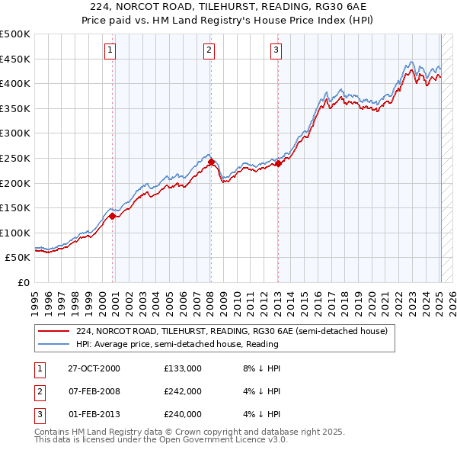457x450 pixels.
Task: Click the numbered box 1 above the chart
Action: click(x=111, y=51)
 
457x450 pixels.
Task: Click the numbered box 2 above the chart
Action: click(x=209, y=51)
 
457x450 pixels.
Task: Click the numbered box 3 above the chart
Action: click(x=276, y=51)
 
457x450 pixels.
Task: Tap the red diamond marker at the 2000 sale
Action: click(x=113, y=216)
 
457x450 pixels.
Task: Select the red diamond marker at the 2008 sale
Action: click(x=211, y=162)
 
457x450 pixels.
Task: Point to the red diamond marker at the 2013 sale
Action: click(x=278, y=162)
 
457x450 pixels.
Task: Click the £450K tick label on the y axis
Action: click(x=15, y=59)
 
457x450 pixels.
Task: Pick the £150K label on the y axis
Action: click(x=15, y=207)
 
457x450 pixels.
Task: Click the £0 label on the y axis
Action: click(x=24, y=282)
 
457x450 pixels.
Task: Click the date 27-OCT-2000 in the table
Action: click(x=94, y=368)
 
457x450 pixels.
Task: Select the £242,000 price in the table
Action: click(x=182, y=391)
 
